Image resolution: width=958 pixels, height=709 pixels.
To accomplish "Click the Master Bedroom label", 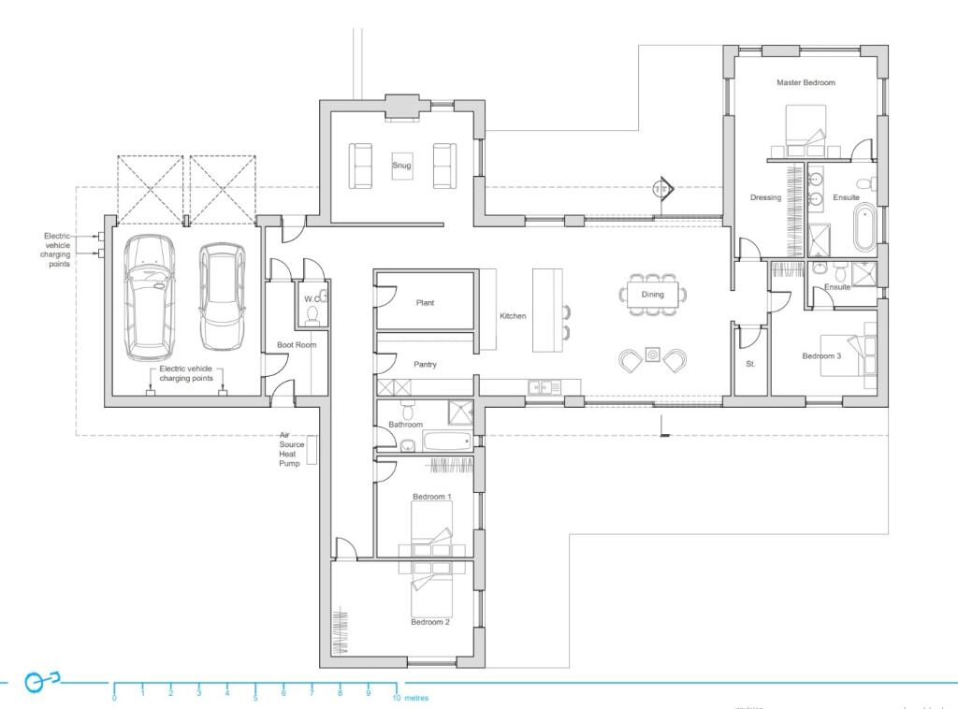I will coord(806,82).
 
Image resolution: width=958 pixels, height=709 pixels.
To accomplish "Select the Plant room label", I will coord(425,303).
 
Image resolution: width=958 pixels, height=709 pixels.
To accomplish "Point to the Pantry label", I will coord(426,365).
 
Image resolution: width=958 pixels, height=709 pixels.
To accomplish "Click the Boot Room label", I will coord(297,345).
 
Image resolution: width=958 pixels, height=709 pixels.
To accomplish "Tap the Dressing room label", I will coord(765,197).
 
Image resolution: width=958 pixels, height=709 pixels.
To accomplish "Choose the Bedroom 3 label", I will coord(822,355).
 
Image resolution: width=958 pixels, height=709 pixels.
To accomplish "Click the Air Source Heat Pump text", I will coord(290,449).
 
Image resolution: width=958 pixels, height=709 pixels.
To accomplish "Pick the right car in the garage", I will coord(222,297).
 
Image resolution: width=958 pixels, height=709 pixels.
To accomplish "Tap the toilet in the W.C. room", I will coord(314,311).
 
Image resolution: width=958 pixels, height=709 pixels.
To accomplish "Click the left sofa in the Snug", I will coord(361,165).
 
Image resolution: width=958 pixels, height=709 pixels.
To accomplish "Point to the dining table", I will coord(652,295).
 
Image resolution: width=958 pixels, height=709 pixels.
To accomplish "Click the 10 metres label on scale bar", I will coord(412,698).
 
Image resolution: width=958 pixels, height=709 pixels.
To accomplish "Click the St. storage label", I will coord(750,364).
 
